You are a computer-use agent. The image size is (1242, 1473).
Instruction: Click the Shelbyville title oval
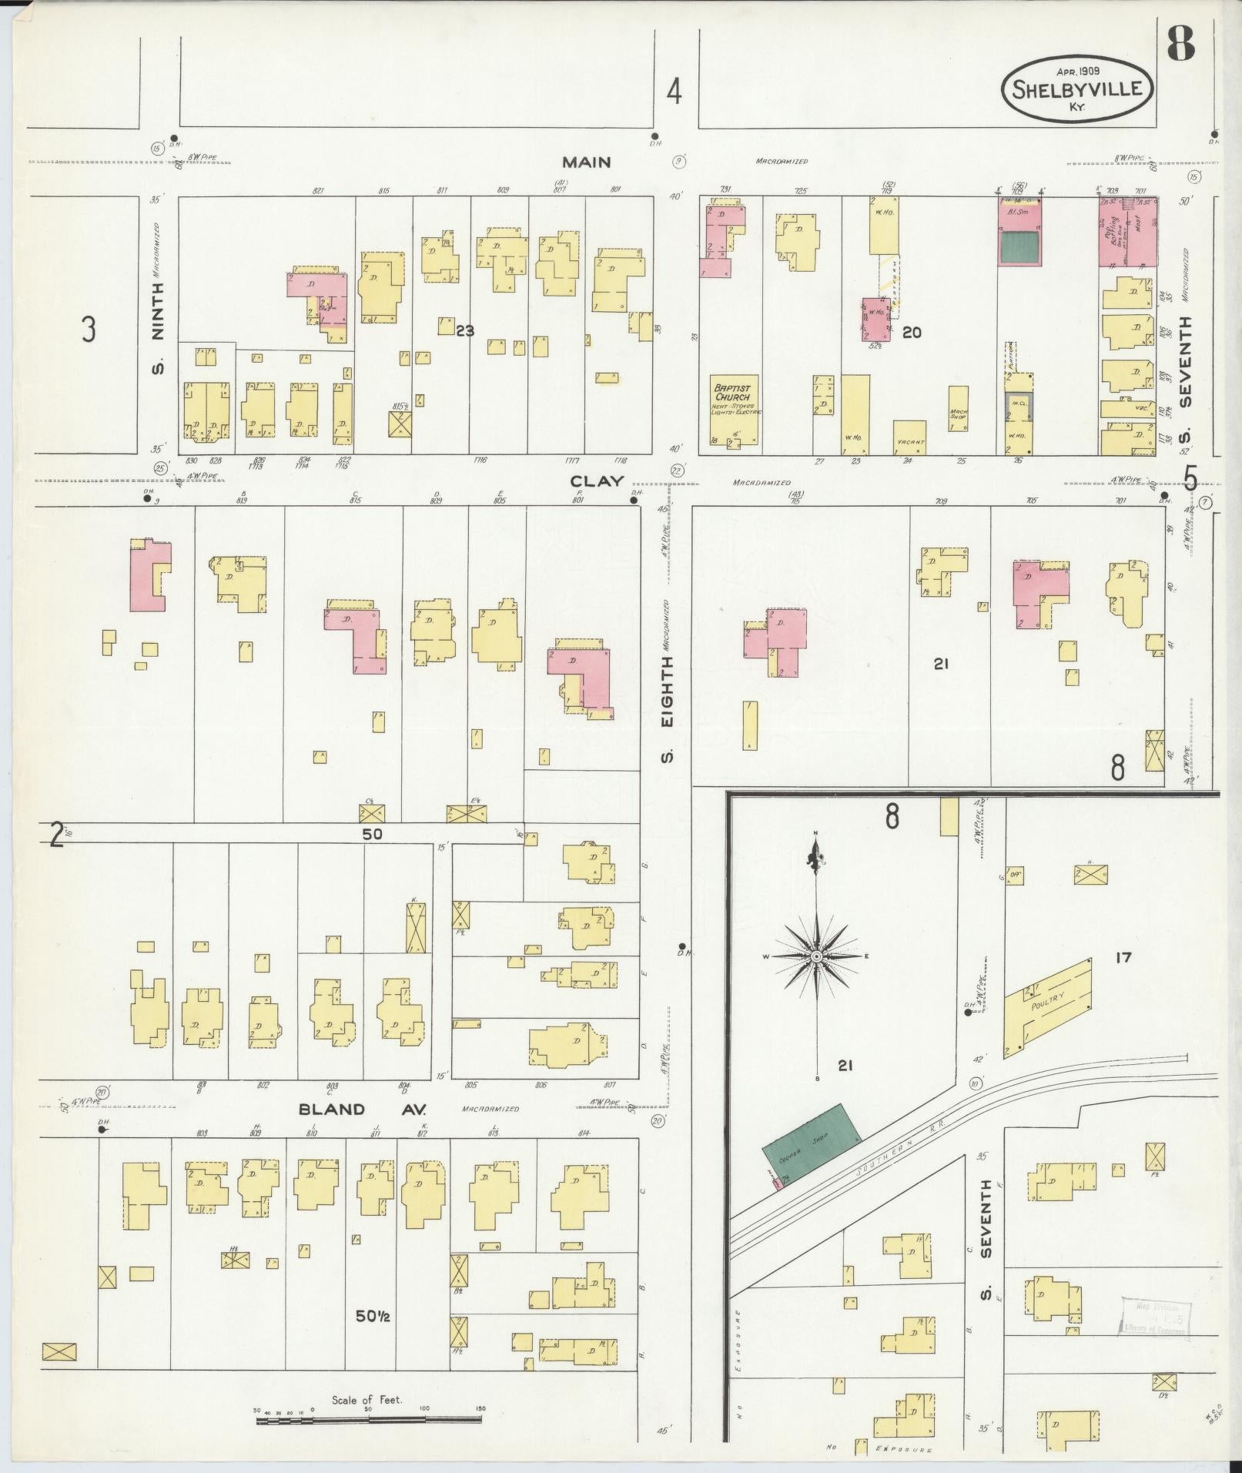1076,87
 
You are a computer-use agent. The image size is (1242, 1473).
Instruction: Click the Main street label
586,162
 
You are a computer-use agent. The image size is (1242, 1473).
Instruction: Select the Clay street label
597,481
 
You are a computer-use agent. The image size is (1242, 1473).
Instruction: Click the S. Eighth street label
667,708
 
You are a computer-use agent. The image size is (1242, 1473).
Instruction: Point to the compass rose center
816,956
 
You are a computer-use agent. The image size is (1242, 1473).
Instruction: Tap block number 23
464,331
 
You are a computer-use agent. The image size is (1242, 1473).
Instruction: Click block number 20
912,332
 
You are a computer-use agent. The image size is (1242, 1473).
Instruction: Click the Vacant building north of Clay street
909,437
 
